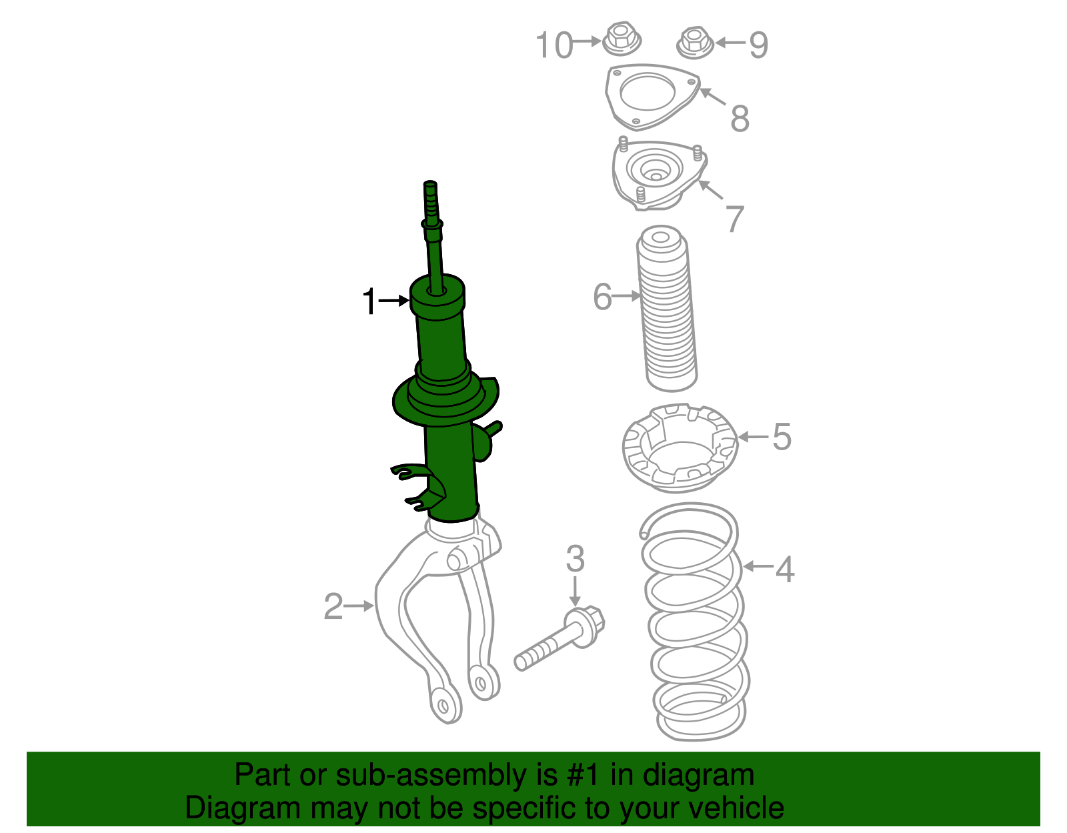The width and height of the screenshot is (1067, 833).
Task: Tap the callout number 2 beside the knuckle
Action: (x=333, y=606)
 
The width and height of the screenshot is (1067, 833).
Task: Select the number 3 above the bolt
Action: (x=575, y=559)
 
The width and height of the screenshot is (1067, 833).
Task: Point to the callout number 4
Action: (x=785, y=569)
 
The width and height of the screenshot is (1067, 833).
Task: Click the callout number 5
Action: (x=782, y=438)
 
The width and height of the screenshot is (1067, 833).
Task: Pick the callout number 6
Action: (x=602, y=297)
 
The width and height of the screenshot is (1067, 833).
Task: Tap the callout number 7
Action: (x=734, y=218)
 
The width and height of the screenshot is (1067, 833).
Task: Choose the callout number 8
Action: (x=740, y=118)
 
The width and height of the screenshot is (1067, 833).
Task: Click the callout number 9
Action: (x=758, y=45)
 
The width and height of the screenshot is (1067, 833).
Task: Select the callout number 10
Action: (x=554, y=45)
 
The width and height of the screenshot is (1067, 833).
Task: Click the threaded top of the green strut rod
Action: (x=431, y=197)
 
